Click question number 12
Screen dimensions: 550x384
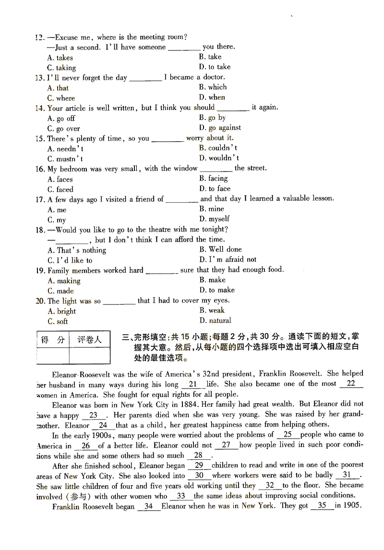[x=39, y=37]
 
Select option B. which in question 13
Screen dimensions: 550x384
[x=213, y=87]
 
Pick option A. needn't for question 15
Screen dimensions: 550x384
[x=65, y=149]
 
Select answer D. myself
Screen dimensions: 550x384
[x=214, y=219]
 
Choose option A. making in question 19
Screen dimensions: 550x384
[x=64, y=281]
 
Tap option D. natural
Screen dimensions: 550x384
[x=215, y=320]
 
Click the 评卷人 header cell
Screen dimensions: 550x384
[x=90, y=340]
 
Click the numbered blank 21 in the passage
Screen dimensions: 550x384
[x=193, y=384]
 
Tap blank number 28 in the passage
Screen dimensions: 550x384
[x=198, y=455]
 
